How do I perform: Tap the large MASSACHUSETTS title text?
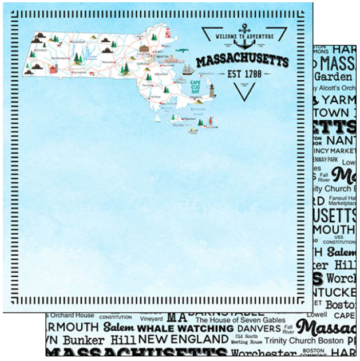tap(242, 61)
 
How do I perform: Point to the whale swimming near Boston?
tap(182, 52)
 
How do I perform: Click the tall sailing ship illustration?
tap(188, 69)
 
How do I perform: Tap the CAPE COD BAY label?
tap(195, 86)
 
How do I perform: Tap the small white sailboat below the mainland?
tap(157, 118)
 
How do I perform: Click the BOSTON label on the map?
tap(163, 57)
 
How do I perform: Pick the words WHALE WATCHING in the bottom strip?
tap(185, 329)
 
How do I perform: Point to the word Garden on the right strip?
tap(333, 76)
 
